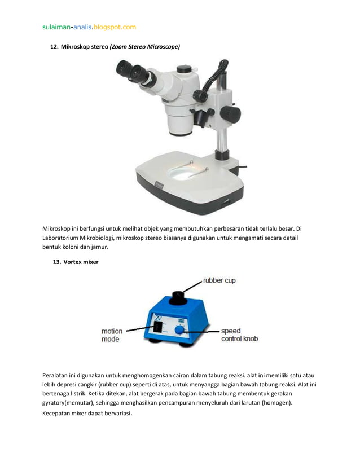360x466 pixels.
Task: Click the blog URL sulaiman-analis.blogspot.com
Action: coord(89,27)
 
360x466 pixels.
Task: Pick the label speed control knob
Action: coord(239,335)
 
